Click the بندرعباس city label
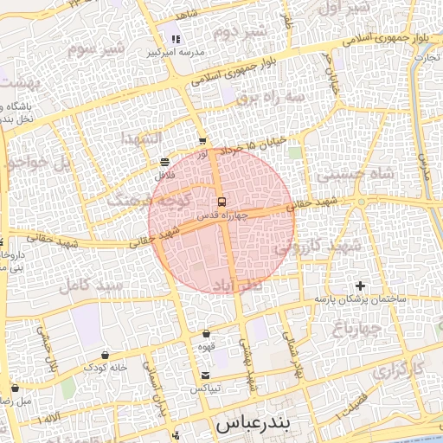pos(252,425)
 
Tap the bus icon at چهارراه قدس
pos(222,202)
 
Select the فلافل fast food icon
pos(165,162)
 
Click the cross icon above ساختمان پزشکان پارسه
pos(360,286)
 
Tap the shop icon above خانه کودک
pos(106,354)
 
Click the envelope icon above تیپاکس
pos(205,376)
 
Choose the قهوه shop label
pos(205,347)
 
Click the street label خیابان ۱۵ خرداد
pos(250,150)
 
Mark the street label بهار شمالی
pos(289,347)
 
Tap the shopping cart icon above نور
pos(202,141)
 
